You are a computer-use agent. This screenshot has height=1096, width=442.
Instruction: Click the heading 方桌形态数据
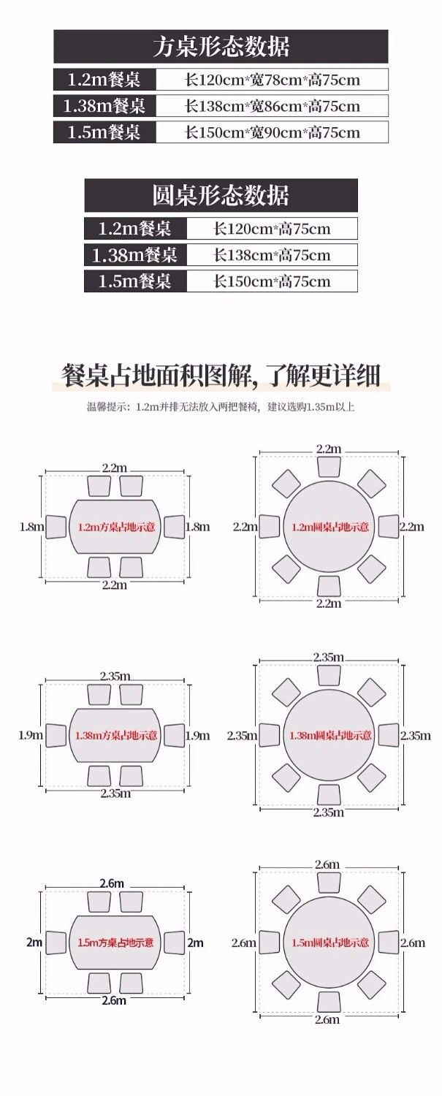221,47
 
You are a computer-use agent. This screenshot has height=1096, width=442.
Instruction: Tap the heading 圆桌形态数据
221,195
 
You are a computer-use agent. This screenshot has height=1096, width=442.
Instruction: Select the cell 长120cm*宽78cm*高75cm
273,80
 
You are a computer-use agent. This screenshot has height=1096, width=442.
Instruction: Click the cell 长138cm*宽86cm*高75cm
273,106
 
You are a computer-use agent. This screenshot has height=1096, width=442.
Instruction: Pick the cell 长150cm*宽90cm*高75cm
273,132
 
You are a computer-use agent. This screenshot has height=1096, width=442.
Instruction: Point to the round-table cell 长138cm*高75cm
272,255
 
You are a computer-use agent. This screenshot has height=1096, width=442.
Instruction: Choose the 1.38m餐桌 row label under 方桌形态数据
104,106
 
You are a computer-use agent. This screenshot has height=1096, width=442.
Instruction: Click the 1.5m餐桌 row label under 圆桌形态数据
134,281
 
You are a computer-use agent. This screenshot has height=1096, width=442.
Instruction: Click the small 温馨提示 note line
221,407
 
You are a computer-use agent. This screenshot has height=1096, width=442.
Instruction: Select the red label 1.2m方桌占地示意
115,526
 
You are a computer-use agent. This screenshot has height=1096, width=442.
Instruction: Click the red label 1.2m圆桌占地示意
329,526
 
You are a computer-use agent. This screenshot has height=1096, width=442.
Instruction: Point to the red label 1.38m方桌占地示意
115,735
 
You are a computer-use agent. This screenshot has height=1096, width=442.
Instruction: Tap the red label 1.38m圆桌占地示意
329,735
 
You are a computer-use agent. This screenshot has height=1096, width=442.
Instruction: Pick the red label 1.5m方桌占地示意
115,943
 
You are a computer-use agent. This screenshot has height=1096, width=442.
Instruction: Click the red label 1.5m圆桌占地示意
329,943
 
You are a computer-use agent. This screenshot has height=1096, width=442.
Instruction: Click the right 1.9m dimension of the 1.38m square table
197,735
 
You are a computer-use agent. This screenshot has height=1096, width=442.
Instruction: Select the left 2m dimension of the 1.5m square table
34,943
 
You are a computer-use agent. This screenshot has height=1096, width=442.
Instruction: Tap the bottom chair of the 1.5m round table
329,1001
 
